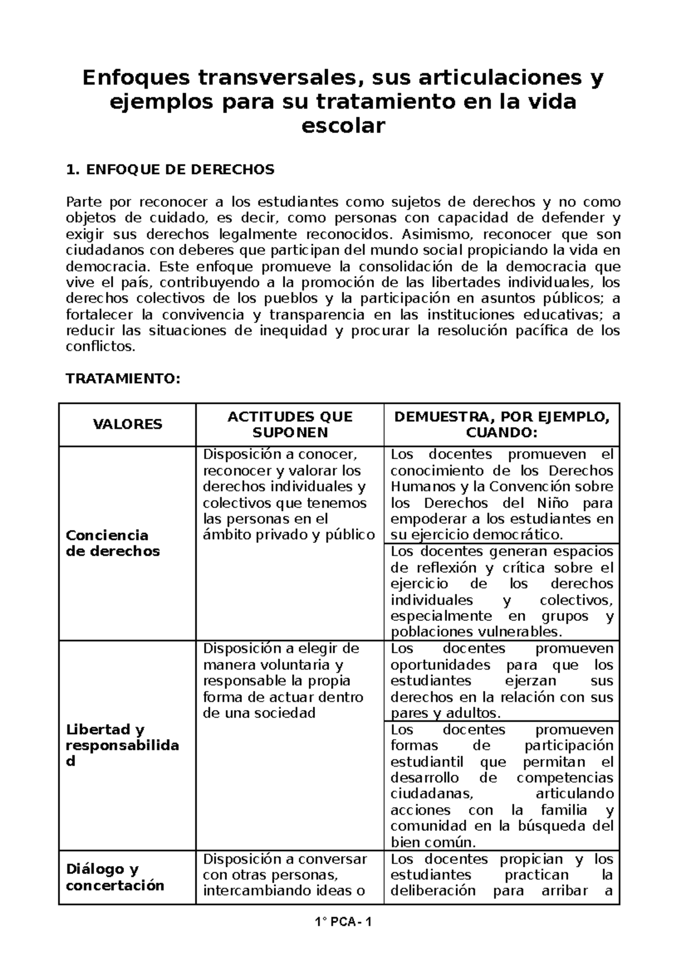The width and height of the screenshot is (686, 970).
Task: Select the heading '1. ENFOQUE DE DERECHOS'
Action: click(x=170, y=170)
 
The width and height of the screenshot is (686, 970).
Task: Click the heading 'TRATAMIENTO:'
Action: click(x=123, y=379)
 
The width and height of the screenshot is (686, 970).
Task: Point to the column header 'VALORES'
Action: click(x=127, y=424)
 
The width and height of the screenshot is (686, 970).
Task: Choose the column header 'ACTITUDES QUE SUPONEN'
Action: click(x=290, y=424)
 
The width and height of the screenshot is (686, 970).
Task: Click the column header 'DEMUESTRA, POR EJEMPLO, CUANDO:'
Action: click(x=501, y=424)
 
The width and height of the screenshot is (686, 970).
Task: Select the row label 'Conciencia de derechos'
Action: click(x=113, y=543)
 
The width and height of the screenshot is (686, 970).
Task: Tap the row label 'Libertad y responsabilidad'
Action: click(x=122, y=745)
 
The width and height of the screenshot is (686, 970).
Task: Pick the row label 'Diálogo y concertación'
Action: click(x=114, y=877)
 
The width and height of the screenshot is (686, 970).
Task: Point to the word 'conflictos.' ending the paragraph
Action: click(x=101, y=347)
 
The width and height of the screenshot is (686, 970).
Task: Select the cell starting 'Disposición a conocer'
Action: click(x=289, y=495)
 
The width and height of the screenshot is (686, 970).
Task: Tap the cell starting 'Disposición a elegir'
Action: click(x=283, y=681)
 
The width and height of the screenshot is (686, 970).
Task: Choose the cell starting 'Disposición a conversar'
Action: click(x=285, y=875)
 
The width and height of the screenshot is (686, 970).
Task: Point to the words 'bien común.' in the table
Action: click(x=433, y=843)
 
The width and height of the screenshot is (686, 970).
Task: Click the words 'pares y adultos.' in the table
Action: click(x=445, y=714)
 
